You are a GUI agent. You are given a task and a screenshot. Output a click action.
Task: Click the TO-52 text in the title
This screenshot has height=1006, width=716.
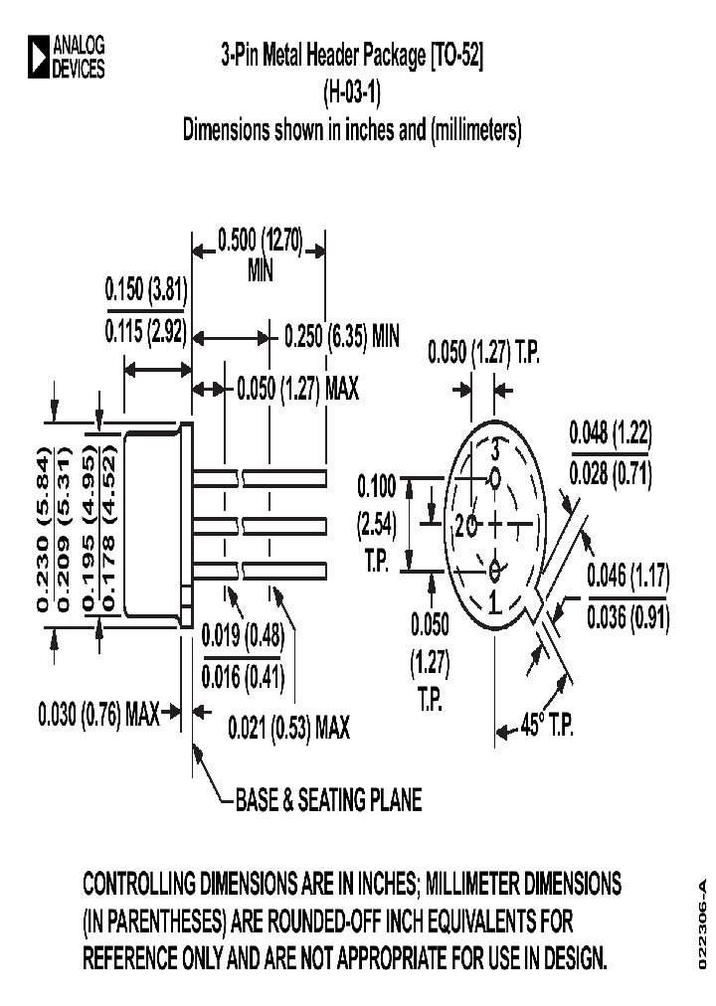(457, 57)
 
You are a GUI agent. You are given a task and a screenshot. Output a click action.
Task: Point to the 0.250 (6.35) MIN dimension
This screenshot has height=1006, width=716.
(341, 336)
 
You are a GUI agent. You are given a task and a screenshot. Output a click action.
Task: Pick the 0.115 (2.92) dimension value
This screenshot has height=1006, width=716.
(147, 333)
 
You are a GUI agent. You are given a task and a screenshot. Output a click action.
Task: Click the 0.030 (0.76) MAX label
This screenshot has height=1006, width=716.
(98, 713)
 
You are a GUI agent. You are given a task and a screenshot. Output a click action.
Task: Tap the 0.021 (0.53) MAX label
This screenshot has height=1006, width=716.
(288, 729)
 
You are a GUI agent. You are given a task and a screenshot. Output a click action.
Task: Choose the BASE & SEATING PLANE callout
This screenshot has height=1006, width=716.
(328, 799)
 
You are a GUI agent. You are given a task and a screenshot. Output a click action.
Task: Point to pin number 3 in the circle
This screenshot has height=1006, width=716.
(494, 449)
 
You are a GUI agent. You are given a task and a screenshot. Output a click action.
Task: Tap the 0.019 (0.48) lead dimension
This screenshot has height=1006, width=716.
(243, 634)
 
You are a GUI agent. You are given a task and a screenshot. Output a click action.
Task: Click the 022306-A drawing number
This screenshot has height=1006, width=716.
(701, 925)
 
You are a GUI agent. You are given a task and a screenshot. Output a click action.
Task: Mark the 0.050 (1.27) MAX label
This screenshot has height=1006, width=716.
(298, 388)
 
